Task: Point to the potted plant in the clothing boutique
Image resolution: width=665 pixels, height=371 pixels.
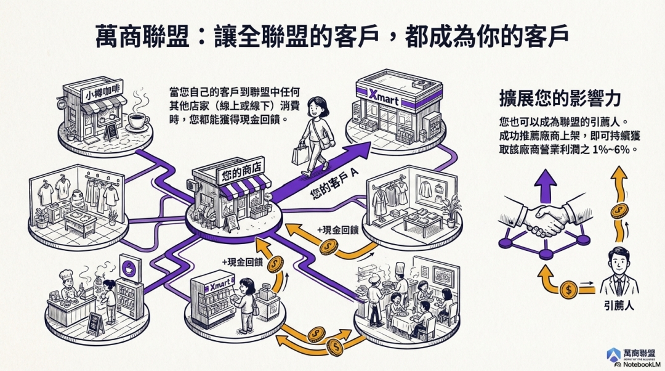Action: click(453, 206)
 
